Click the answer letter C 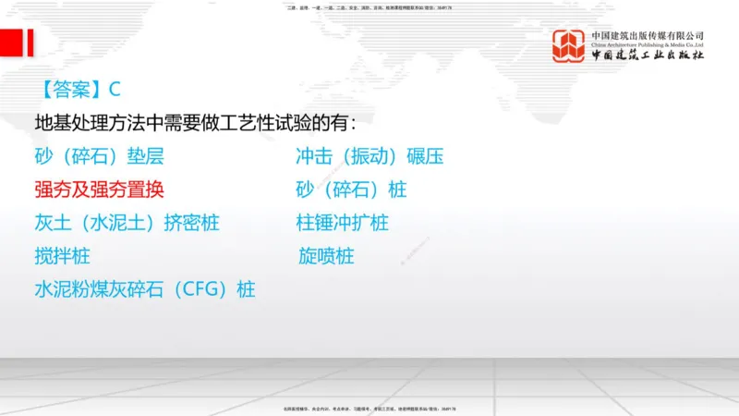(115, 90)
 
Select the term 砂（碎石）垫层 (99, 156)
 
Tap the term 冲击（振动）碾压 (369, 156)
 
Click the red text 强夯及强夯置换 (99, 190)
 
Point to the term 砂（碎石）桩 (351, 190)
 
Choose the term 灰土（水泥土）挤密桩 (127, 223)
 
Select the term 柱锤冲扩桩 (342, 223)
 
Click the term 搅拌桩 (62, 256)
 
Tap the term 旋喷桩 (325, 256)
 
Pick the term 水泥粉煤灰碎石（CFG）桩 (144, 289)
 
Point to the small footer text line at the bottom (369, 409)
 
